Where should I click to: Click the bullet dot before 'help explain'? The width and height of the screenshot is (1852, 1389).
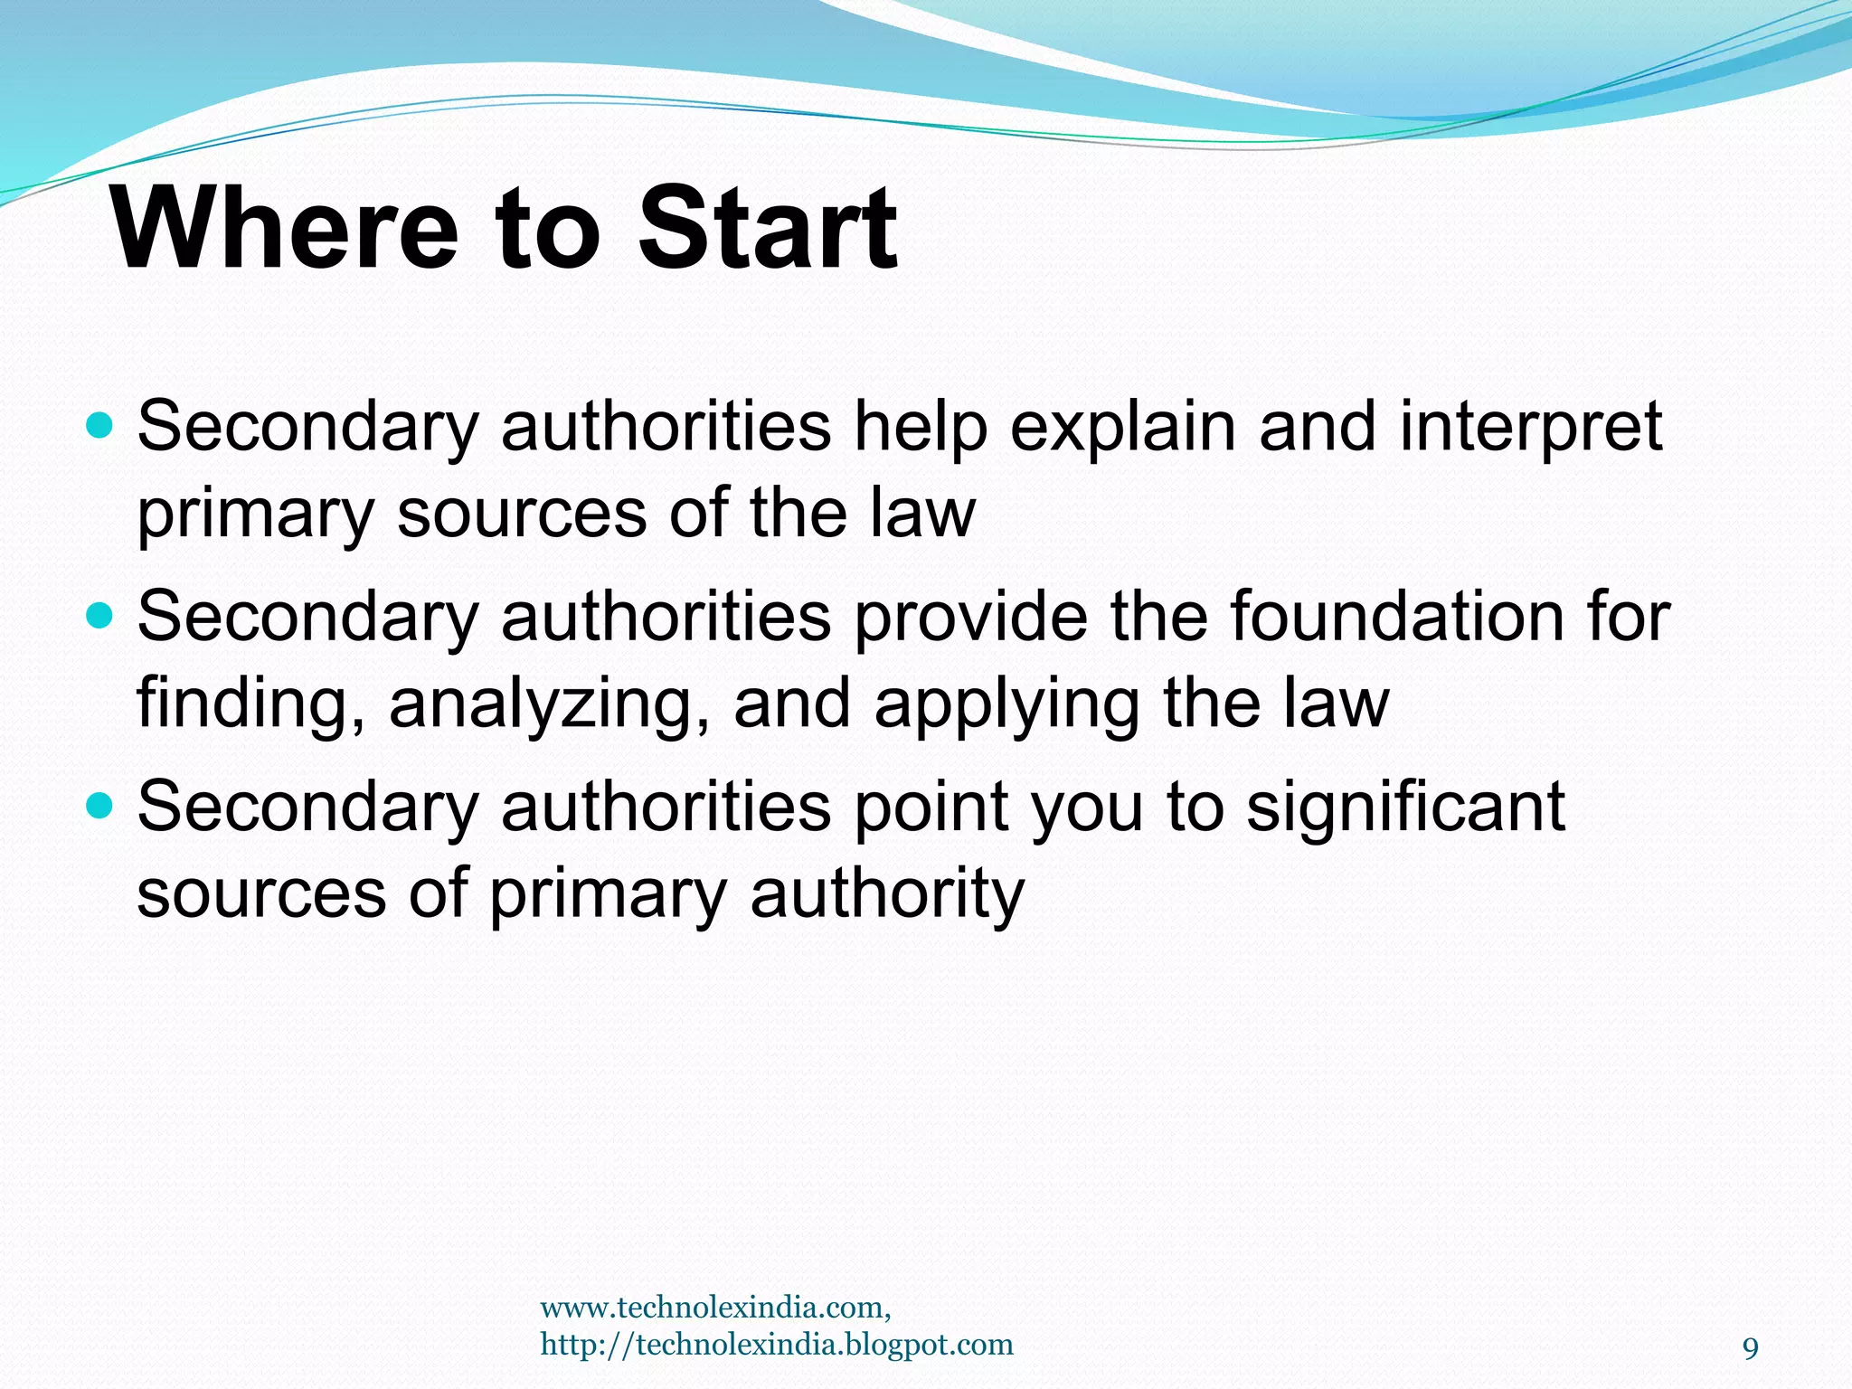coord(99,424)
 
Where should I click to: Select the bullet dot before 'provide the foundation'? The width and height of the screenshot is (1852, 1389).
coord(99,615)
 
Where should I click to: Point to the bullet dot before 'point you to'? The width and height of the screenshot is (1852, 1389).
coord(99,805)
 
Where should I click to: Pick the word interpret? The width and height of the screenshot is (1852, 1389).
coord(1530,427)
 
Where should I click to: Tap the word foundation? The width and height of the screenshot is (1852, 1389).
coord(1396,617)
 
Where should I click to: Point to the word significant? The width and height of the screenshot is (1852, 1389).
coord(1405,807)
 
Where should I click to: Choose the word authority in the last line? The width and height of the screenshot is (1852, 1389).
coord(887,893)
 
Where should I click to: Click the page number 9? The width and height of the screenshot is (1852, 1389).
coord(1751,1349)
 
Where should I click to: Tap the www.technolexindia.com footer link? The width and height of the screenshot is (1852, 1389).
coord(715,1308)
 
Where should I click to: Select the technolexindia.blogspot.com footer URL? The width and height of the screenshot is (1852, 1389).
coord(777,1345)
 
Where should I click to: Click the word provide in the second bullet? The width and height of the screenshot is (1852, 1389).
coord(971,617)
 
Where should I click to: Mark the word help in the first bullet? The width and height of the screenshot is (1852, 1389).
coord(921,427)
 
